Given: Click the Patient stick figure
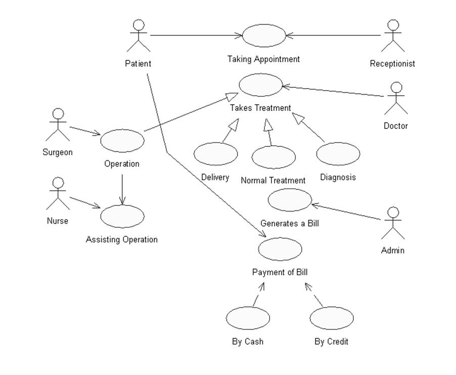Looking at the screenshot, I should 139,36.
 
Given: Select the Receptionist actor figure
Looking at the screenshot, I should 393,36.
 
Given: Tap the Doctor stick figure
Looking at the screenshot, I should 396,99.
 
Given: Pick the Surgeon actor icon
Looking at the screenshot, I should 58,125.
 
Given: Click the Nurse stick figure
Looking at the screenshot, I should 58,194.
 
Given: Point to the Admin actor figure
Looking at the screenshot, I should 393,223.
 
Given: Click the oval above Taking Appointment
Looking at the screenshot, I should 264,35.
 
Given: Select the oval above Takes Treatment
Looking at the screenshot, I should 260,85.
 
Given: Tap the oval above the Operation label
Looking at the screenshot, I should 122,141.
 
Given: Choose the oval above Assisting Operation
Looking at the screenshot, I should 122,217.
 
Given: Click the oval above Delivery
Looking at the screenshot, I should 216,154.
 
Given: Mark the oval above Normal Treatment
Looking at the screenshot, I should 273,157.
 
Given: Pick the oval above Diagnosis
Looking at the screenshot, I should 338,153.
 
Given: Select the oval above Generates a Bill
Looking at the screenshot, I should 290,200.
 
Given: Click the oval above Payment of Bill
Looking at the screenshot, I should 280,249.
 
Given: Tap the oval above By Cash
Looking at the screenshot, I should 248,318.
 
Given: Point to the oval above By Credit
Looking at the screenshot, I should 332,318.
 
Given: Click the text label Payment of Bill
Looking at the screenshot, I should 280,272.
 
